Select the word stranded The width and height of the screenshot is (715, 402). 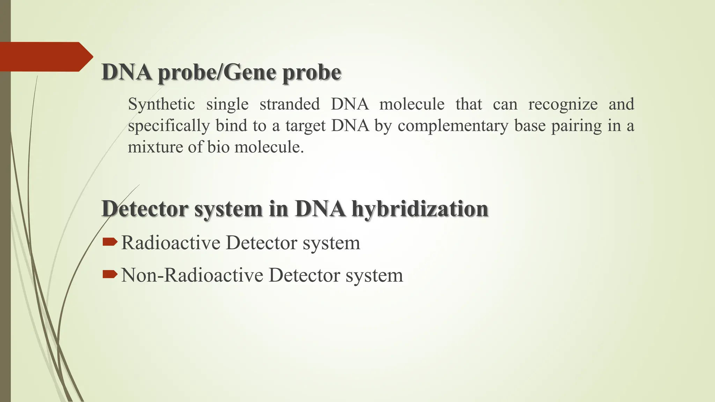pyautogui.click(x=289, y=104)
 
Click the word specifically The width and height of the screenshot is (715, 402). pyautogui.click(x=169, y=126)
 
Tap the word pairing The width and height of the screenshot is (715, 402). pyautogui.click(x=576, y=126)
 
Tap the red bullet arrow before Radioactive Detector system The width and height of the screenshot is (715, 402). pyautogui.click(x=110, y=242)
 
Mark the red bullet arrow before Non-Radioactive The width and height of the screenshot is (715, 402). pyautogui.click(x=110, y=274)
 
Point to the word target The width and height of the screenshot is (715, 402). pyautogui.click(x=305, y=126)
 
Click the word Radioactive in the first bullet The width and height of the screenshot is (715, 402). pyautogui.click(x=171, y=243)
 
